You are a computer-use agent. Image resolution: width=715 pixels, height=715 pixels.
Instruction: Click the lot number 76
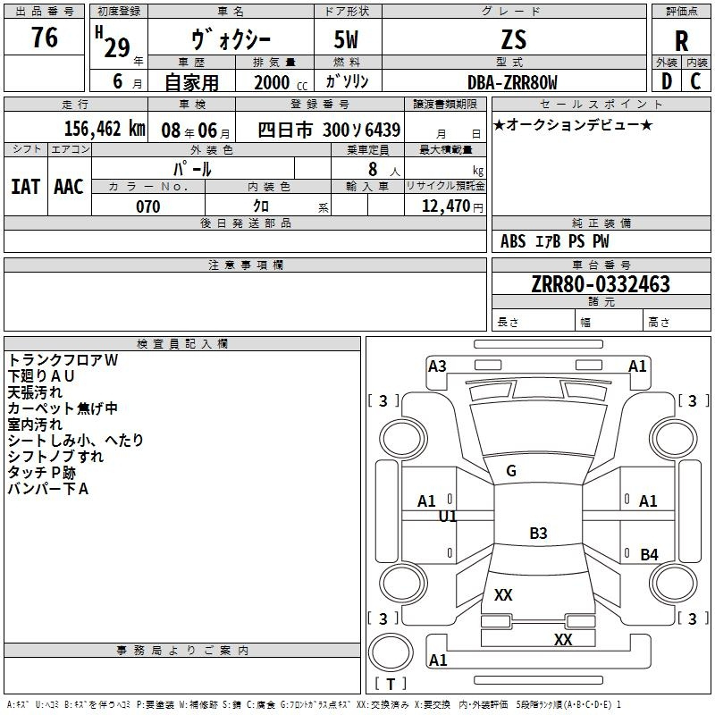(45, 38)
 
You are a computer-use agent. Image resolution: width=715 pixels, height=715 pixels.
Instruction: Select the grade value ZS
(514, 39)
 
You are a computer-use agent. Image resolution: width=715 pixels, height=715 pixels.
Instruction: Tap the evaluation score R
(682, 41)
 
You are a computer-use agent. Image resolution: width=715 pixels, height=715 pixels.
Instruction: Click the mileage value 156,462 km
(105, 128)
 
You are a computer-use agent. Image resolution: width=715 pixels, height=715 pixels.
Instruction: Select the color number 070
(147, 206)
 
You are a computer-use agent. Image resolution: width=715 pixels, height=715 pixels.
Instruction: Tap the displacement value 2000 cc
(278, 82)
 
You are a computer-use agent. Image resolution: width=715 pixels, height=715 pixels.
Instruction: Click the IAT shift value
(25, 187)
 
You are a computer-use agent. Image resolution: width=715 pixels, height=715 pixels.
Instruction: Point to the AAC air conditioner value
(68, 187)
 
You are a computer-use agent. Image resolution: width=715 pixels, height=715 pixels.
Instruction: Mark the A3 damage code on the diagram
(437, 366)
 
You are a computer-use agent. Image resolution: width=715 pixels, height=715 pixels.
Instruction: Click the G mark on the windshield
(511, 471)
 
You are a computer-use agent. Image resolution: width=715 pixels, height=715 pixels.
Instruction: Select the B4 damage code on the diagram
(649, 555)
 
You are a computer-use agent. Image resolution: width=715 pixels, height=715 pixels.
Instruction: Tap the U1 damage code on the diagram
(448, 517)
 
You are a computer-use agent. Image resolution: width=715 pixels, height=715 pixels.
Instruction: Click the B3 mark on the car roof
(538, 534)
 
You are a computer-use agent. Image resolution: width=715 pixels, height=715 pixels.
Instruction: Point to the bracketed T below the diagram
(390, 684)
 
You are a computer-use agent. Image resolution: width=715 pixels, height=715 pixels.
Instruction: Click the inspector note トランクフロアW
(63, 359)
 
